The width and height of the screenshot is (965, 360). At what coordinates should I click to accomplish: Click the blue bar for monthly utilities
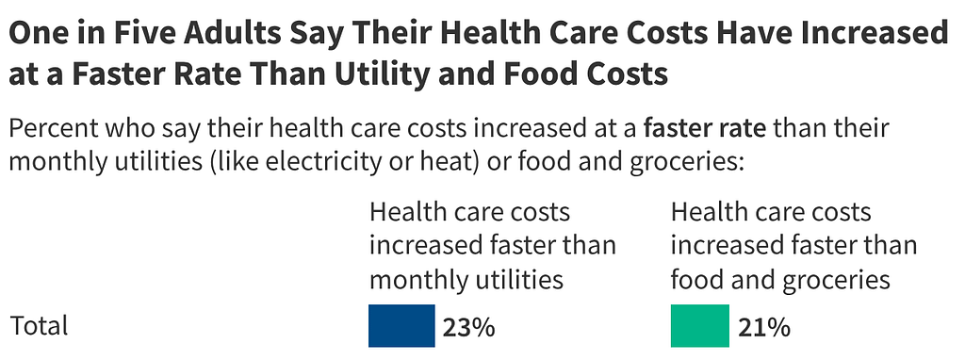(401, 326)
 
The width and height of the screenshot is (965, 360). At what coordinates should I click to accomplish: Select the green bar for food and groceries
(699, 326)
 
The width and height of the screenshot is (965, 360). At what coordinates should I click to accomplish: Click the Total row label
(40, 326)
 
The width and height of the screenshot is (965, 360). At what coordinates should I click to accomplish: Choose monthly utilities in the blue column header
(466, 279)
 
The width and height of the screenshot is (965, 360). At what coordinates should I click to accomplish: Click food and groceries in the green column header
(780, 279)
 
